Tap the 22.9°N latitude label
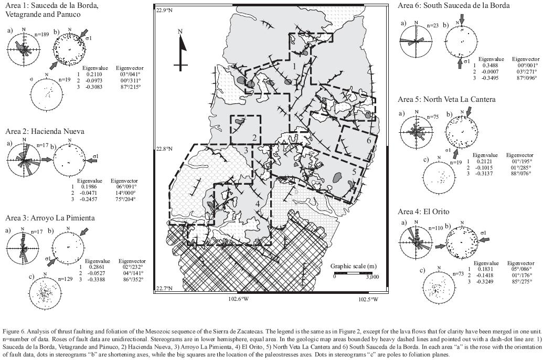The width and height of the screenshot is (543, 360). point(165,10)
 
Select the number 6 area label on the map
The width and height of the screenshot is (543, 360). point(369,141)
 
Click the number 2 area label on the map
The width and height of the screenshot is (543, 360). point(254,138)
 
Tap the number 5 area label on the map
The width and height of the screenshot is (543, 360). point(354,171)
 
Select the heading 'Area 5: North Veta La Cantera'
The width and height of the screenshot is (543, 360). point(446,99)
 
